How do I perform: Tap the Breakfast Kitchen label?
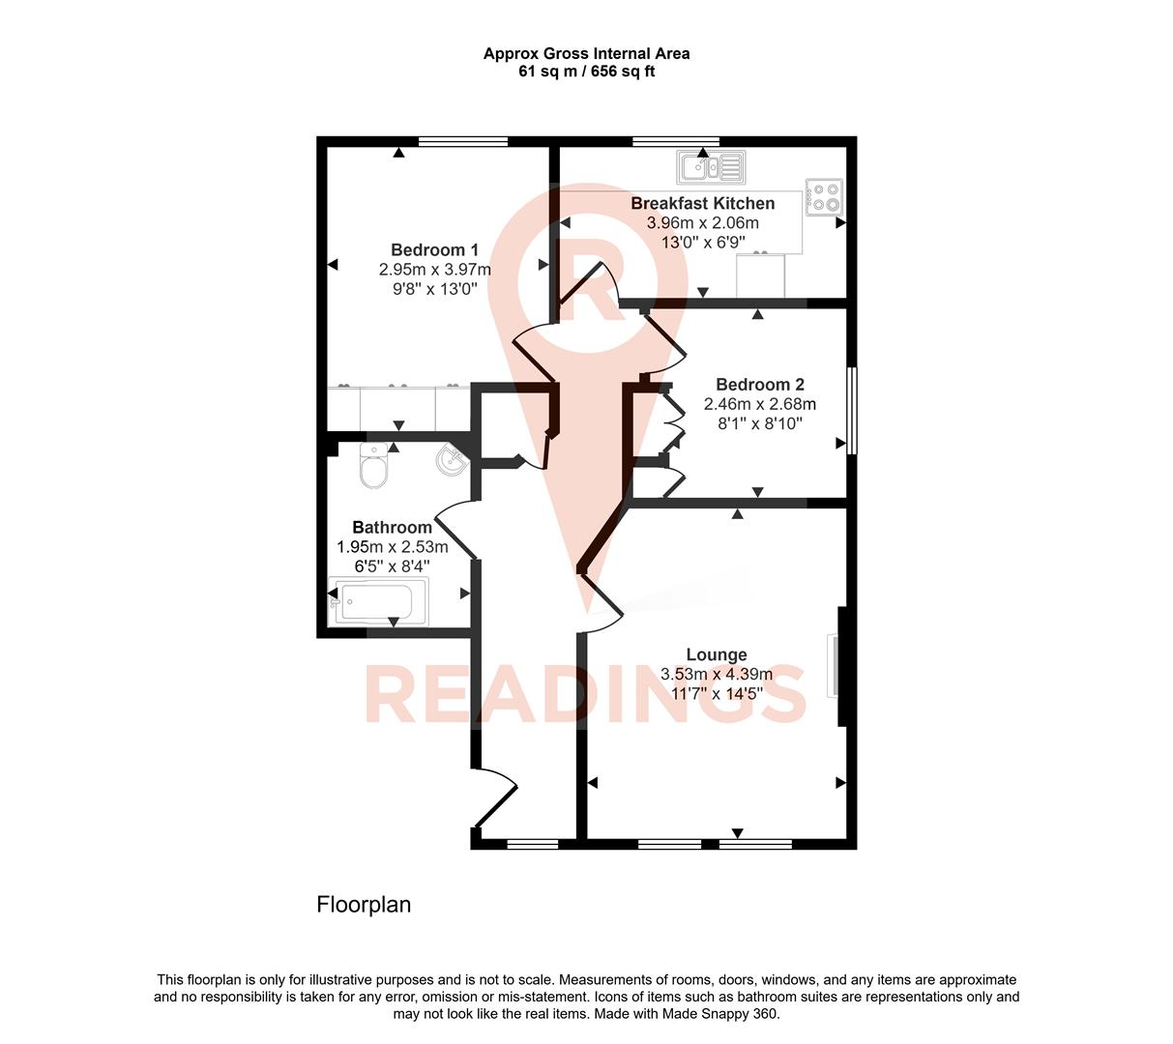[x=702, y=203]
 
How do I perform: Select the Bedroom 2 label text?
[x=759, y=385]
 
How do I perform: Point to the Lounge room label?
[x=717, y=654]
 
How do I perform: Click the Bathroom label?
[x=392, y=528]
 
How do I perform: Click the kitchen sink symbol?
[x=711, y=167]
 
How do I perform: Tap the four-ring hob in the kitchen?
[x=825, y=197]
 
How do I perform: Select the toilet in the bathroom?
[x=373, y=467]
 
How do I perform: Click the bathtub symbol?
[x=378, y=602]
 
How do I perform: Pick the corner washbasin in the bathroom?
[x=452, y=461]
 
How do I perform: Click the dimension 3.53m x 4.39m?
[x=717, y=674]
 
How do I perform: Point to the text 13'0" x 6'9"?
[x=702, y=242]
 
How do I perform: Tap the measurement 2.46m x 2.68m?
[x=759, y=404]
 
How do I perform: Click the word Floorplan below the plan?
[x=364, y=905]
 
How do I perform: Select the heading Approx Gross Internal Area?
[x=586, y=54]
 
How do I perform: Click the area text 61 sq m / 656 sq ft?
[x=586, y=72]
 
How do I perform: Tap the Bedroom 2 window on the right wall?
[x=851, y=410]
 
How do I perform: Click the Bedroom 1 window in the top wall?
[x=463, y=142]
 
